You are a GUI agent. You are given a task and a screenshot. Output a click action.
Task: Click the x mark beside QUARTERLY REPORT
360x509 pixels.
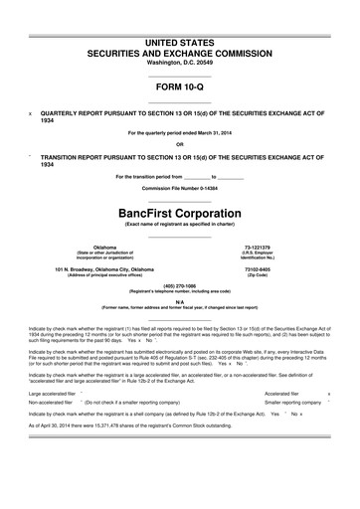(x=31, y=113)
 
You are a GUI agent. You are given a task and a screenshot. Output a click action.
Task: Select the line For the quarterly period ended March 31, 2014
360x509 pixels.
(x=179, y=133)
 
